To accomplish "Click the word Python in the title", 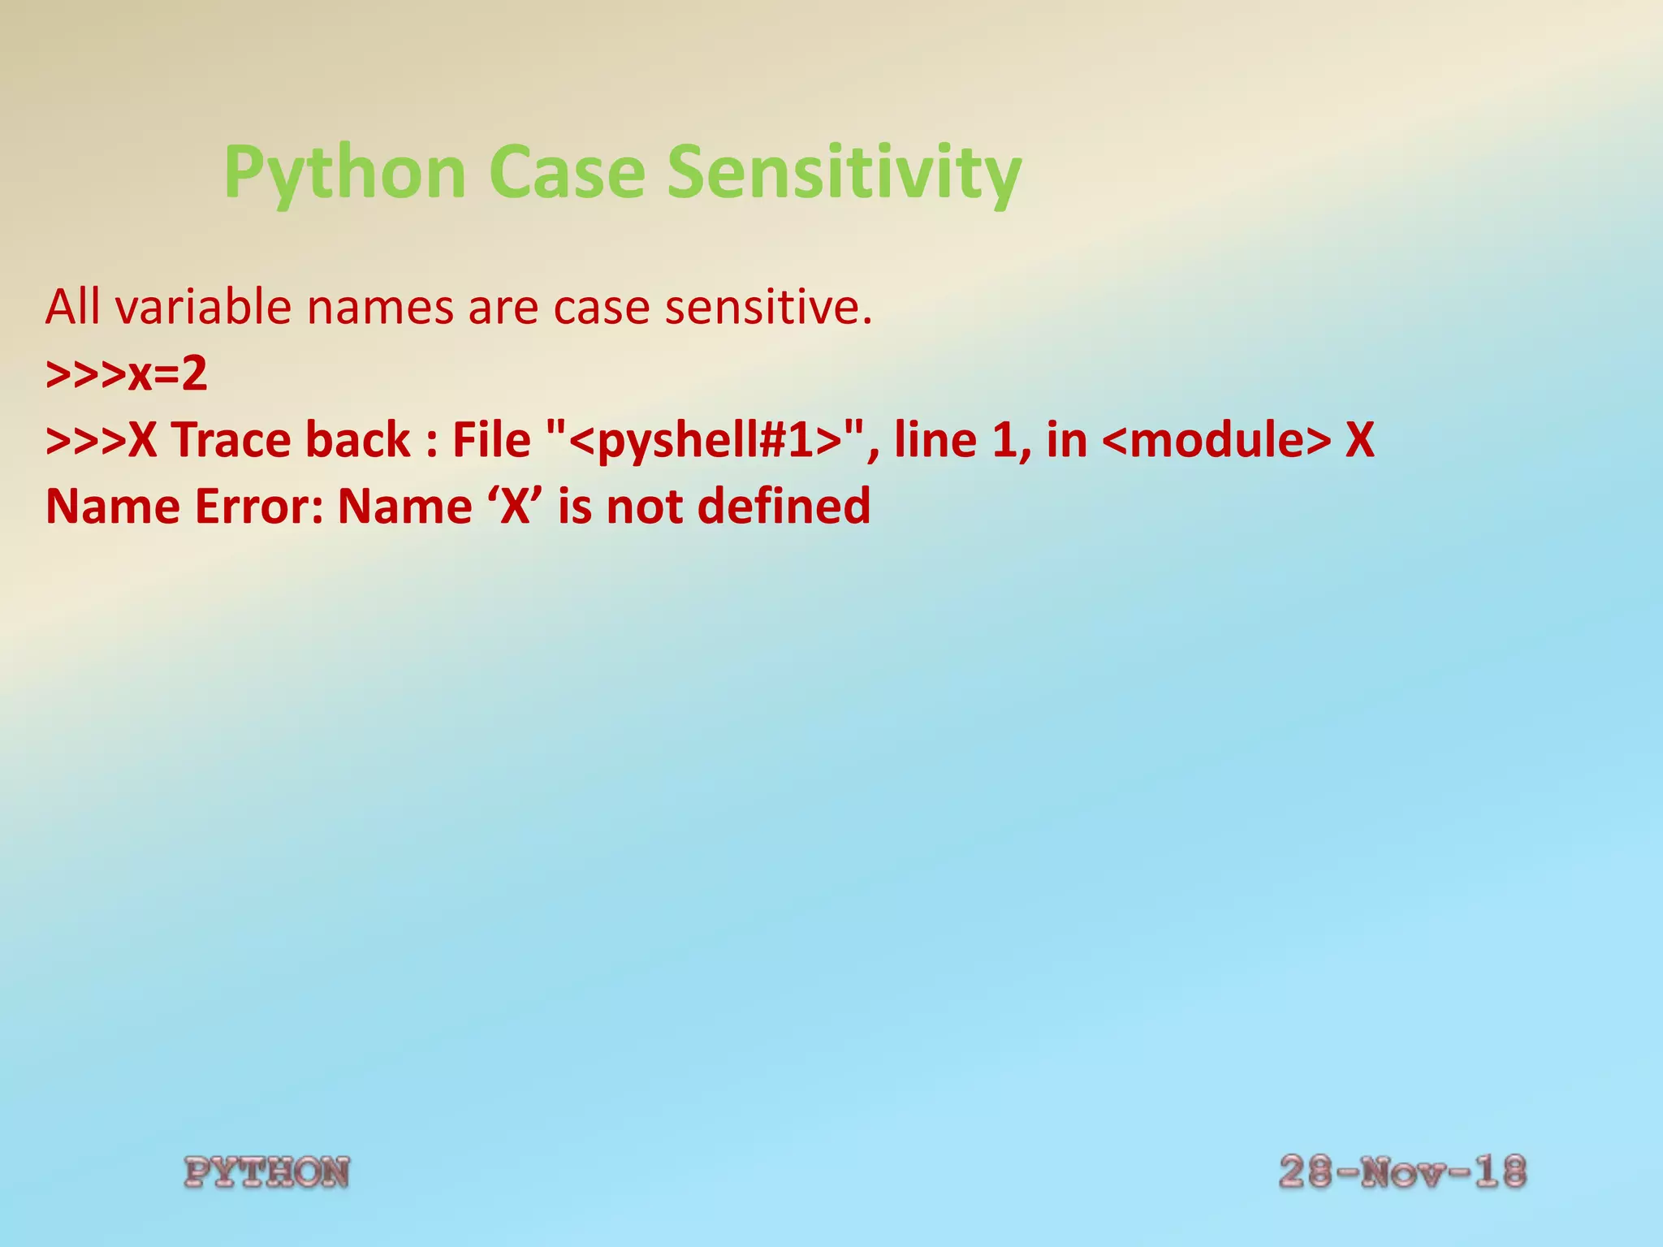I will point(344,172).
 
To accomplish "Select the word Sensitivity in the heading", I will point(844,172).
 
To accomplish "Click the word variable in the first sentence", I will point(204,308).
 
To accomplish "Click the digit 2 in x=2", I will point(194,375).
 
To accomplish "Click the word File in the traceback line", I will point(490,440).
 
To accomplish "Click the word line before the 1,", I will point(935,440).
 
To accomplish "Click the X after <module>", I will point(1359,440).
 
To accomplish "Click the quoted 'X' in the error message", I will point(516,507).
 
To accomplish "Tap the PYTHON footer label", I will point(267,1172).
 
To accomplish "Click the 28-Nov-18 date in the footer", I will point(1402,1171).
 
